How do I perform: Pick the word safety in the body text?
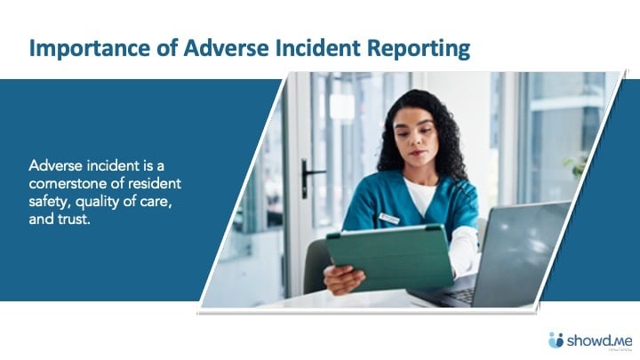(48, 199)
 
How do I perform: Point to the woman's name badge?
(389, 218)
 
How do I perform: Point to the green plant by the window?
(577, 165)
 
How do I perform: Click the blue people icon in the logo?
(556, 340)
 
